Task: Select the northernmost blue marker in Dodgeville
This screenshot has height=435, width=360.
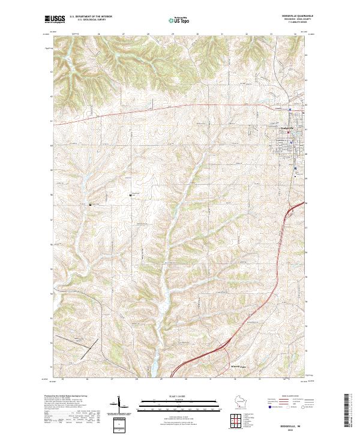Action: point(289,109)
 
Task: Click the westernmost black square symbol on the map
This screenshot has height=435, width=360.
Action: point(91,205)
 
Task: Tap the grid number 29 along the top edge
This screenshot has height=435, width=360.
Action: point(172,34)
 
